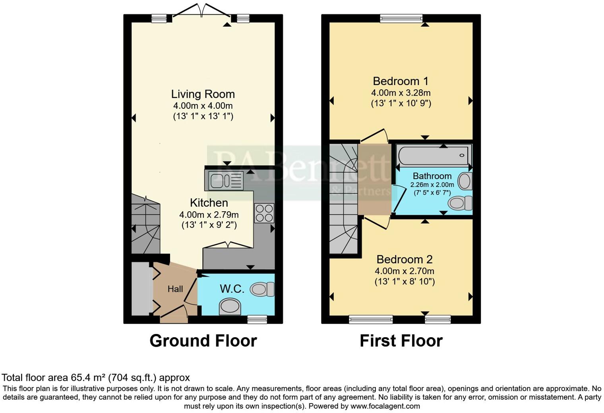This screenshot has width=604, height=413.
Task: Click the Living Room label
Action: (203, 94)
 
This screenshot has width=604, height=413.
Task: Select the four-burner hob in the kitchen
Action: (264, 213)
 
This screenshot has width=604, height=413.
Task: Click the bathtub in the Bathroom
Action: (434, 155)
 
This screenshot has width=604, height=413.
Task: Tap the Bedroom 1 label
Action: (401, 81)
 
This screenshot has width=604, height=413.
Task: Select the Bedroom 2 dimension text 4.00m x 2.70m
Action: (404, 271)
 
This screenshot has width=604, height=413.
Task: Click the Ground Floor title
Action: (203, 341)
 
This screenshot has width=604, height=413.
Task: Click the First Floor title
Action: (401, 341)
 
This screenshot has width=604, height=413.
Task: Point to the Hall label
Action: (175, 289)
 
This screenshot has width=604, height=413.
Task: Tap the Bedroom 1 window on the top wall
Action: (401, 18)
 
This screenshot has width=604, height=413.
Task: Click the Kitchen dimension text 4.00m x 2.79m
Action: (209, 215)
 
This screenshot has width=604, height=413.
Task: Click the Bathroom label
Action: (432, 176)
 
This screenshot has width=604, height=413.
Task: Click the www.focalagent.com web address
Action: (385, 406)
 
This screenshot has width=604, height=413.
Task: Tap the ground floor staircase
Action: (145, 224)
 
